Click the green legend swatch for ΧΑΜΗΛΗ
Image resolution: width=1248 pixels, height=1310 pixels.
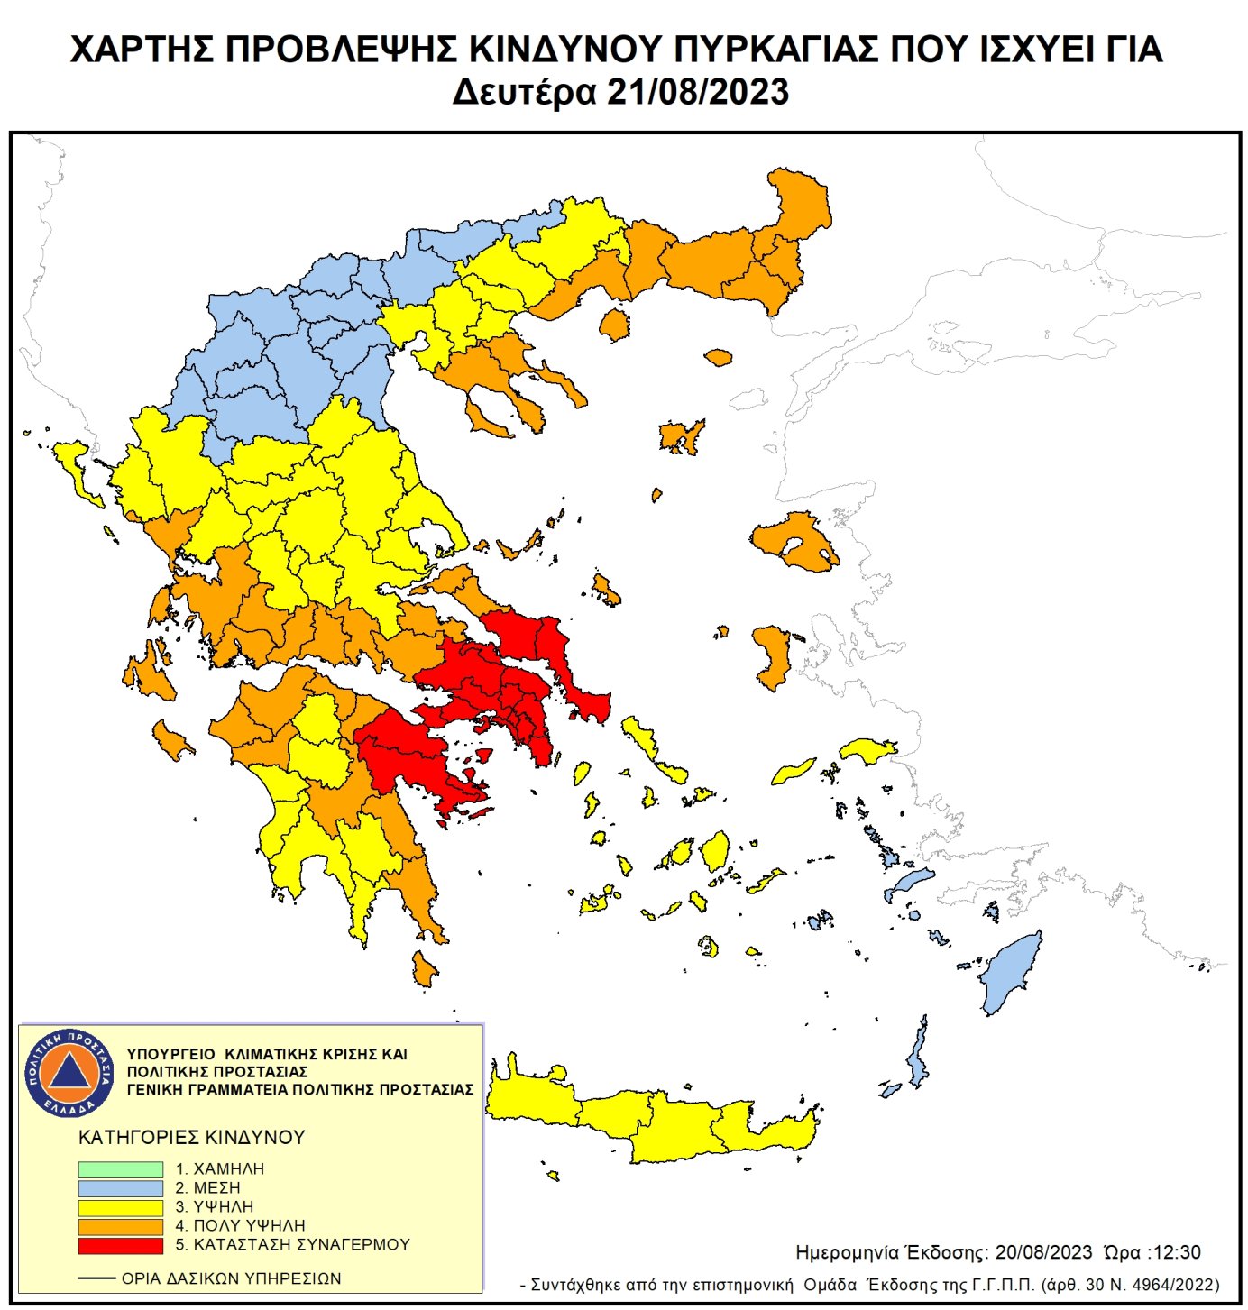(x=120, y=1168)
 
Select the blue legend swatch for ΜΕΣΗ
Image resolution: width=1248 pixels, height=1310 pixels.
(x=120, y=1188)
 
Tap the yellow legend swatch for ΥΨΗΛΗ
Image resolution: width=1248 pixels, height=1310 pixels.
(x=120, y=1207)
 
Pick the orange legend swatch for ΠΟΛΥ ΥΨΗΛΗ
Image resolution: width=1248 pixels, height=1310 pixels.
(x=120, y=1226)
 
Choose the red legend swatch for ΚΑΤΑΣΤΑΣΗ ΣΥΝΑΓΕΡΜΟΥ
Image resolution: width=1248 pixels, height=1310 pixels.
(x=120, y=1245)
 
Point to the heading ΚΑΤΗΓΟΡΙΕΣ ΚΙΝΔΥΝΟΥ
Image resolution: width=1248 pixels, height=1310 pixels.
(x=192, y=1138)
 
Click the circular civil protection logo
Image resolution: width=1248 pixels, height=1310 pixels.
(x=69, y=1073)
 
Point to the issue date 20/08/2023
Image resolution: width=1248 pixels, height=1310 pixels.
(x=1043, y=1252)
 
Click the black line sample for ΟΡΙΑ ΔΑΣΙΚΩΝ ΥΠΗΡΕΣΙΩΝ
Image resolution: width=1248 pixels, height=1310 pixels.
(x=96, y=1278)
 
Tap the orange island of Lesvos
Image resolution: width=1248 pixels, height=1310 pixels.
(x=794, y=541)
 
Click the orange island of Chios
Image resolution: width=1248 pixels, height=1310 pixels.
(x=772, y=655)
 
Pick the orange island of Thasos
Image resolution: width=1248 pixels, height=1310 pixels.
(x=614, y=325)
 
